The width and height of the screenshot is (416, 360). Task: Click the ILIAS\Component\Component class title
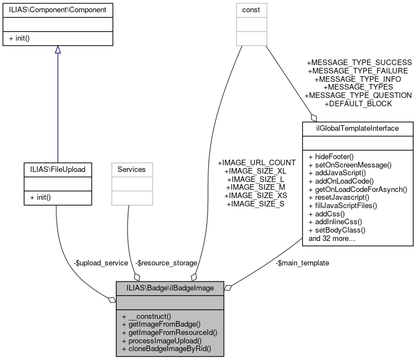pyautogui.click(x=57, y=9)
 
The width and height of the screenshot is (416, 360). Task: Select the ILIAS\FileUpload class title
pyautogui.click(x=57, y=169)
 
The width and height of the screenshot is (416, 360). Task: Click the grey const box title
pyautogui.click(x=251, y=9)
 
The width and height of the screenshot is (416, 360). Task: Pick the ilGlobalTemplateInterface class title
pyautogui.click(x=358, y=128)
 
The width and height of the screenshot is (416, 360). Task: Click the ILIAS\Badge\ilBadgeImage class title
pyautogui.click(x=170, y=288)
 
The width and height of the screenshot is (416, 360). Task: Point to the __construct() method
pyautogui.click(x=146, y=315)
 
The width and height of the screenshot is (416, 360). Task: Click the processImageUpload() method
pyautogui.click(x=160, y=340)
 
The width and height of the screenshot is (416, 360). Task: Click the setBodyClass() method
pyautogui.click(x=336, y=230)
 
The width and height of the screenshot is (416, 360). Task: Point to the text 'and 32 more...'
pyautogui.click(x=332, y=238)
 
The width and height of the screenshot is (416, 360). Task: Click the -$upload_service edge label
pyautogui.click(x=100, y=263)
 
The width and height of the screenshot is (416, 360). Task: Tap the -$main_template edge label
pyautogui.click(x=302, y=263)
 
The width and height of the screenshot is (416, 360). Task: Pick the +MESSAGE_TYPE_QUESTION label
pyautogui.click(x=359, y=95)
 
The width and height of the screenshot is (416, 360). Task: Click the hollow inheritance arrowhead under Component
pyautogui.click(x=57, y=50)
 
